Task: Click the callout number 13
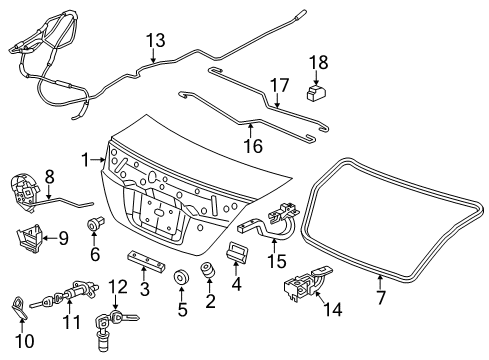click(156, 40)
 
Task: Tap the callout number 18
click(319, 62)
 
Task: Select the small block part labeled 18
click(316, 92)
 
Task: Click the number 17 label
click(279, 85)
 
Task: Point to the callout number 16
click(254, 146)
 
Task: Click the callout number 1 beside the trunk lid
click(86, 160)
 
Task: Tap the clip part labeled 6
click(96, 223)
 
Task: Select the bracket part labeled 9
click(30, 238)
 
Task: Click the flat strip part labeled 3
click(146, 261)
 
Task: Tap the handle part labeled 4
click(236, 252)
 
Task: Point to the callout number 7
click(381, 298)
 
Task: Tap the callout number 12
click(118, 287)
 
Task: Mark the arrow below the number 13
click(153, 55)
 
